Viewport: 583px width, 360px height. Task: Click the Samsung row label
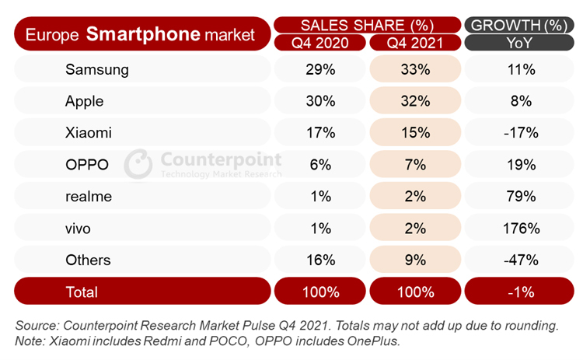[x=96, y=70]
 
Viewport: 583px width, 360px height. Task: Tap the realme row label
[x=89, y=197]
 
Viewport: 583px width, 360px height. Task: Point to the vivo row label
[x=81, y=229]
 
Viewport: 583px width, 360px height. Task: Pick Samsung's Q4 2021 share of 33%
[x=415, y=70]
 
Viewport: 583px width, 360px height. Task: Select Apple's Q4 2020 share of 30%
[x=320, y=101]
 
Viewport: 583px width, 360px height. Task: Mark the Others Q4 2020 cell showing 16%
[x=320, y=260]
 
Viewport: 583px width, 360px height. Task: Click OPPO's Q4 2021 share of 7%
[x=415, y=165]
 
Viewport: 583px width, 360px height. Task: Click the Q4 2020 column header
[x=320, y=42]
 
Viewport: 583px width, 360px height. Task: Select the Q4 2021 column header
[x=415, y=42]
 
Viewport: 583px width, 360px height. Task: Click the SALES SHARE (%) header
[x=367, y=24]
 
